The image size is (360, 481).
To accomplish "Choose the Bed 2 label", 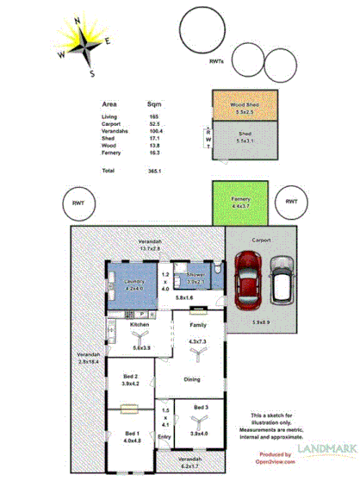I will point(130,377).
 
